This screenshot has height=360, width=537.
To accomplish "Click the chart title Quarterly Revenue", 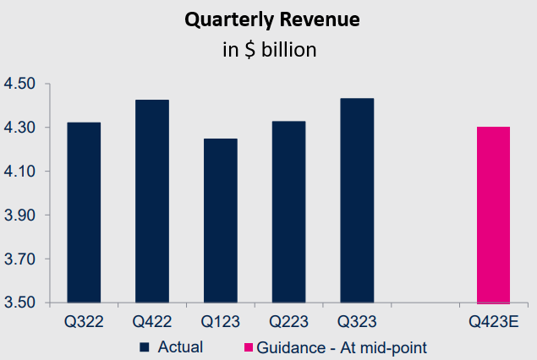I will pos(269,21).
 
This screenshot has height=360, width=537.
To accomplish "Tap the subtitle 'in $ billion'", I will pos(269,50).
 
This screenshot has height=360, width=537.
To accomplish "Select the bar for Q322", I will pos(84,212).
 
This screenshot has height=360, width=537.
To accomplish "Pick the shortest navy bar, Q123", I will pos(221,221).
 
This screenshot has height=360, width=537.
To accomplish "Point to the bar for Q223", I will pos(289,212).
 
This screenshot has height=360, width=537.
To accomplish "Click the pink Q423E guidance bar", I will pos(494,215).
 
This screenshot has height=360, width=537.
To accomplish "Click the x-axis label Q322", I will pos(84,322).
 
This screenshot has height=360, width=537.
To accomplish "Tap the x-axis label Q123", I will pos(221,322).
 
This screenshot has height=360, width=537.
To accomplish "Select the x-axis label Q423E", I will pos(494,322).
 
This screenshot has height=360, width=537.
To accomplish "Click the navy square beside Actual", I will pos(144,346).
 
